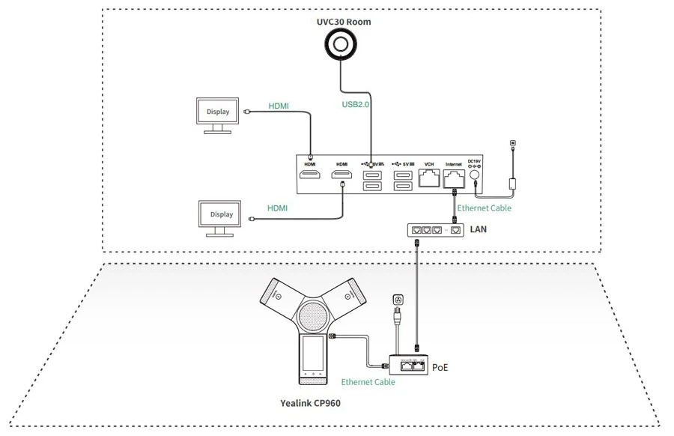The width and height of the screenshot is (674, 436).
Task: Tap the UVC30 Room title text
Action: tap(344, 22)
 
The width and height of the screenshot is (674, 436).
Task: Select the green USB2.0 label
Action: tap(356, 105)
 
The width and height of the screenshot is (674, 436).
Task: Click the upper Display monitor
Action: tap(218, 112)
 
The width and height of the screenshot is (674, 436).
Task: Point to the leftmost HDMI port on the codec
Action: tap(310, 177)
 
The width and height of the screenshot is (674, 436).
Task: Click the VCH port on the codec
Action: tap(429, 178)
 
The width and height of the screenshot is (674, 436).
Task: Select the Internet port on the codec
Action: tap(454, 178)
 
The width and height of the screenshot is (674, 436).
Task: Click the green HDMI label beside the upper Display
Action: tap(279, 106)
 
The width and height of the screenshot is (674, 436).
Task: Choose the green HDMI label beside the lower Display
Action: tap(278, 208)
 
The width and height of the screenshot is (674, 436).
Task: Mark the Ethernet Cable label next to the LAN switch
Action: tap(485, 208)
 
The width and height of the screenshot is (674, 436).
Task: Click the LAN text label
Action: tap(478, 228)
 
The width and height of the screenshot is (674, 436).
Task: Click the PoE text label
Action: tap(440, 367)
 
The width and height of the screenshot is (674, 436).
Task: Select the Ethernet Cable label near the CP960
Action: tap(368, 382)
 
